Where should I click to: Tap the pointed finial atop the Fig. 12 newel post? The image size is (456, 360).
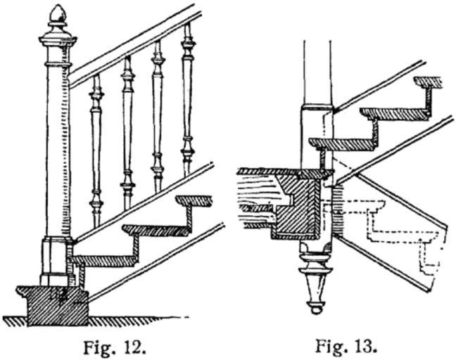point(56,13)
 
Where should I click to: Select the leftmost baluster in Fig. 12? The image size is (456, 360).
point(96,148)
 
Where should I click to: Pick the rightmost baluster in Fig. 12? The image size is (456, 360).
point(187,98)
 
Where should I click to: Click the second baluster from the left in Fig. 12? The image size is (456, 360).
point(127,134)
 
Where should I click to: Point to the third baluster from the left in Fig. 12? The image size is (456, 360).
point(157,116)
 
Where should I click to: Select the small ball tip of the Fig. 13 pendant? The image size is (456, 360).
point(315,308)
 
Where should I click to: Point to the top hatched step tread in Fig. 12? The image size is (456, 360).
point(194,201)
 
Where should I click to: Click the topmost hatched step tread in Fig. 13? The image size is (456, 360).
point(427,82)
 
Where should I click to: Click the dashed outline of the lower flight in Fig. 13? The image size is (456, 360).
point(394,232)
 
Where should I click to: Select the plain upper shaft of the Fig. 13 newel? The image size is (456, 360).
point(317,70)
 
